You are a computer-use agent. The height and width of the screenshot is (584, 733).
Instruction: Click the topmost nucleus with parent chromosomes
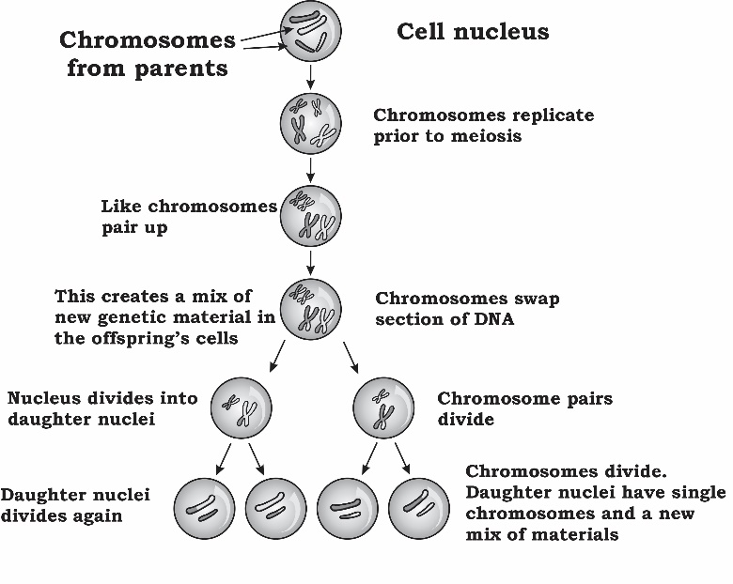point(309,29)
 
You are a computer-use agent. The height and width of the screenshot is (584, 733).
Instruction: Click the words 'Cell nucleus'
point(472,32)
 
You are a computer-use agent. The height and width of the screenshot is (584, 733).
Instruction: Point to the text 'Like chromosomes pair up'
point(188,216)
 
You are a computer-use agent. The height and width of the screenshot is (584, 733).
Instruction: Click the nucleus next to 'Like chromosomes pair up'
point(310,216)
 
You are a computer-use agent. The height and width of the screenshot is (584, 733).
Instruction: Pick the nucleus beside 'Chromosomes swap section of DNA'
point(310,309)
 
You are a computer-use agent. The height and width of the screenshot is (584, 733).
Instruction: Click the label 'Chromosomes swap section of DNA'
point(467,309)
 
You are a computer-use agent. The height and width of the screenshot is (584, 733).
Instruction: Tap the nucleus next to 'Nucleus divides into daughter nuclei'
point(241,408)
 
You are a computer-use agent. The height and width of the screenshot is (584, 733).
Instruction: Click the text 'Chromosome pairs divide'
point(524,408)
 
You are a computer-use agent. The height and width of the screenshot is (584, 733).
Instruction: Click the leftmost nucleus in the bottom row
point(207,508)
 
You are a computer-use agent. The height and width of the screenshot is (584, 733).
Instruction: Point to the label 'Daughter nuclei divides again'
point(75,505)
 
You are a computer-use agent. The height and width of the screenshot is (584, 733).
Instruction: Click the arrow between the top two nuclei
point(310,76)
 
